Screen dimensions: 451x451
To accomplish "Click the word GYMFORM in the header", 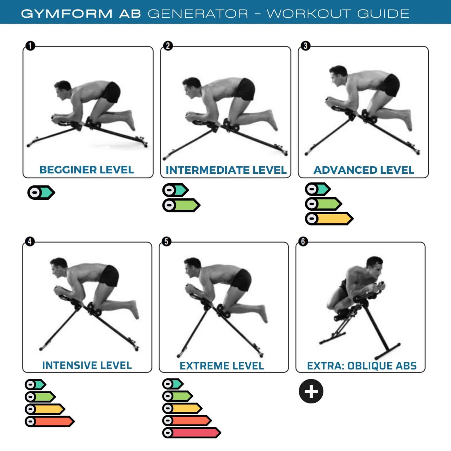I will (x=67, y=14).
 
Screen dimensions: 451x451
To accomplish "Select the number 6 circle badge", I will (x=303, y=242).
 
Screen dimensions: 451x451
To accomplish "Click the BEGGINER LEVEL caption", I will (x=87, y=170).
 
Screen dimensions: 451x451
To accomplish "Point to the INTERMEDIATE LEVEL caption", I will (x=226, y=170).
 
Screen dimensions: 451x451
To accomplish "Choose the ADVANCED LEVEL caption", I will (x=364, y=170).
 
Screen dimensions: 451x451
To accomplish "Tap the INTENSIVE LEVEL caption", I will (x=87, y=365).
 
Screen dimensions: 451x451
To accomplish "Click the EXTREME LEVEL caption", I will (x=222, y=366).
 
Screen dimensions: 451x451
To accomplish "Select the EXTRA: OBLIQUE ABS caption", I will (x=362, y=366).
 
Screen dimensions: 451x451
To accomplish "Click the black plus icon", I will (x=311, y=391).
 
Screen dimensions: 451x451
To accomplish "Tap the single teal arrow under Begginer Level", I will (x=42, y=193).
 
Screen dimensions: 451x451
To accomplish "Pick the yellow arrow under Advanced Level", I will (x=329, y=219).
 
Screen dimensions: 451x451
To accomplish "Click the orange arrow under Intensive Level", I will (x=50, y=421).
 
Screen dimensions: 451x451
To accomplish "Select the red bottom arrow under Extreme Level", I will (x=191, y=433).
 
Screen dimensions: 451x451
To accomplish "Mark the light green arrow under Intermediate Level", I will (x=181, y=205).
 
